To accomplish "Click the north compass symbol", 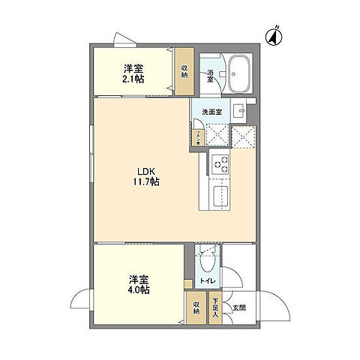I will (274, 34).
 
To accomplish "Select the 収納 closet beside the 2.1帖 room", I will (184, 70).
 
